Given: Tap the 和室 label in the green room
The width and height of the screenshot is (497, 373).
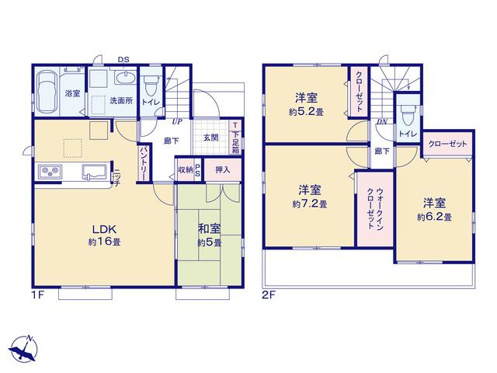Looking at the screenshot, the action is [209, 228].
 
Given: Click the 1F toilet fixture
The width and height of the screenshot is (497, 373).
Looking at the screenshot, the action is [150, 85].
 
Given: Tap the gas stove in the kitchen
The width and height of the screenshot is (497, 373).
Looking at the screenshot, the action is [50, 172].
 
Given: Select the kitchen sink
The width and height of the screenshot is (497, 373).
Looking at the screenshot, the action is [93, 172].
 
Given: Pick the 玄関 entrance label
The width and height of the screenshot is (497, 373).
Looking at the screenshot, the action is [210, 138].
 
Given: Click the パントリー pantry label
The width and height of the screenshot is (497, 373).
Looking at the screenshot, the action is [143, 164].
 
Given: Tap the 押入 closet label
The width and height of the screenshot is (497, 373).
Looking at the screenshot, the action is [223, 169].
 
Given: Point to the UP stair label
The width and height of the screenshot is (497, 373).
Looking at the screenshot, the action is [177, 121].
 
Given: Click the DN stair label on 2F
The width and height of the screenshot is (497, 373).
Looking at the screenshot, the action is [382, 122].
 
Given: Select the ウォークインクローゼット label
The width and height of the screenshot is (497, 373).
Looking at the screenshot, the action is [375, 208].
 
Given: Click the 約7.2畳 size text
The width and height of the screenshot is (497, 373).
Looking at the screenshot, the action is [309, 204].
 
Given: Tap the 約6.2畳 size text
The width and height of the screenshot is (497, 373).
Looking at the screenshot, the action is [434, 218].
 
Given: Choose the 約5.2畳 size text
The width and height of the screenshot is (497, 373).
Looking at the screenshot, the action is [306, 112].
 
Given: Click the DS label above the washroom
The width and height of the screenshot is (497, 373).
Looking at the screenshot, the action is [123, 59].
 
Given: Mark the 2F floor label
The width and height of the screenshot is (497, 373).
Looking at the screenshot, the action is [269, 295].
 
